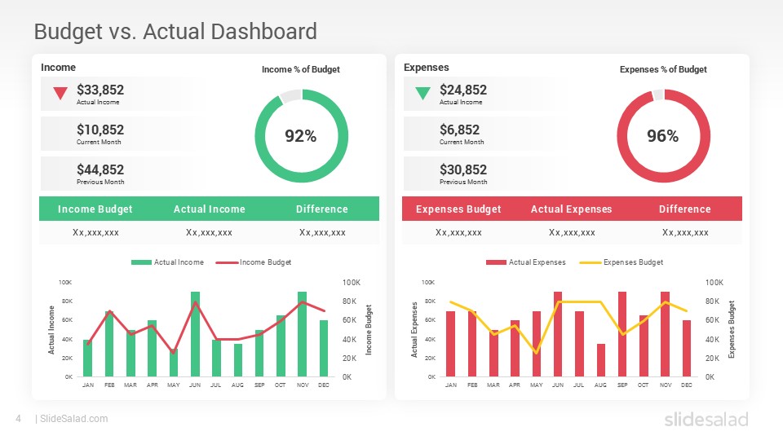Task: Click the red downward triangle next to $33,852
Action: (x=60, y=94)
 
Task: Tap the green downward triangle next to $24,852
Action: (x=422, y=94)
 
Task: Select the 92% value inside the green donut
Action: (x=300, y=137)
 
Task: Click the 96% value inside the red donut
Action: (x=662, y=137)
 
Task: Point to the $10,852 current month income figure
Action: (x=100, y=130)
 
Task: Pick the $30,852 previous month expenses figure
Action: (x=463, y=169)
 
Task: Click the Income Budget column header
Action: (x=95, y=209)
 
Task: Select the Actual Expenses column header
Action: (x=571, y=209)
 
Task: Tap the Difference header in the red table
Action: (x=684, y=209)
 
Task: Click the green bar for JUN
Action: (x=195, y=334)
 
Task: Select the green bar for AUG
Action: (x=238, y=359)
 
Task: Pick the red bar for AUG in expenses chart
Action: (x=600, y=359)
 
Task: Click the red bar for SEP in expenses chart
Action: (x=622, y=334)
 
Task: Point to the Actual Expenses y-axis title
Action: (x=415, y=329)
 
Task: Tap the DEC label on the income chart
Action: (x=324, y=385)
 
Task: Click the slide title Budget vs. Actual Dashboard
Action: (x=175, y=32)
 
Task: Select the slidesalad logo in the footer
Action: (x=706, y=419)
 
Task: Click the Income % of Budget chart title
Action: (x=300, y=70)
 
